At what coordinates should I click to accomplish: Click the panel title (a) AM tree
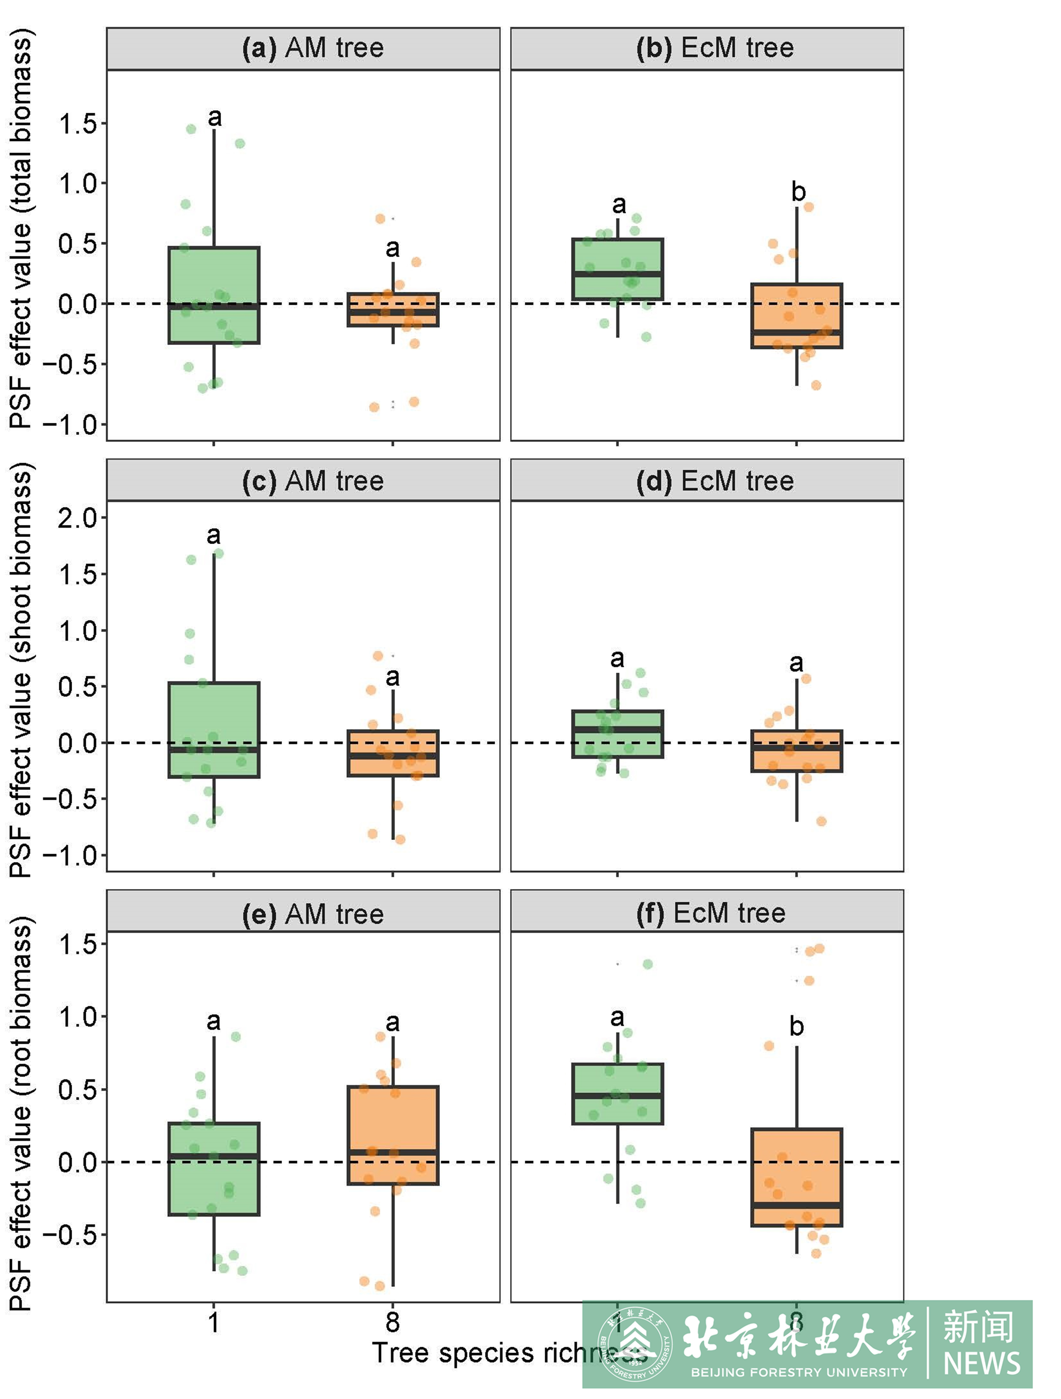313,48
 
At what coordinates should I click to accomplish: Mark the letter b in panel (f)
797,1026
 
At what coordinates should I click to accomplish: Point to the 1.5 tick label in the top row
78,124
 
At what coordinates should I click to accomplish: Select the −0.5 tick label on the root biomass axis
69,1234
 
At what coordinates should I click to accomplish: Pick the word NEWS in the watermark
981,1364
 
